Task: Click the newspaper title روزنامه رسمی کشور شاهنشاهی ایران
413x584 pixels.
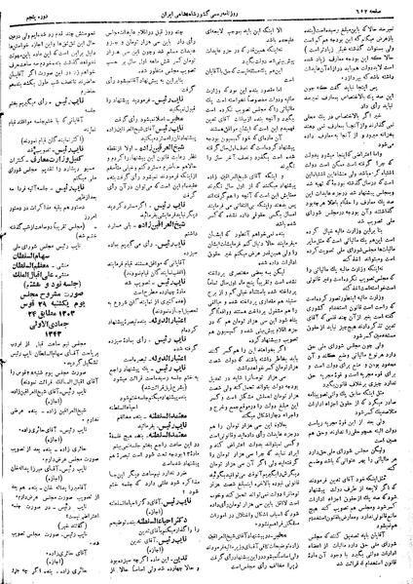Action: tap(206, 9)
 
